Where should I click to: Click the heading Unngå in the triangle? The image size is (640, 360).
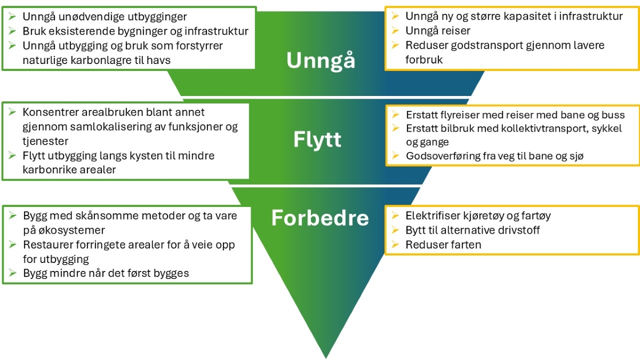pyautogui.click(x=321, y=60)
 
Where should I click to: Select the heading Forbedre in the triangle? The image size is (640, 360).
pyautogui.click(x=320, y=218)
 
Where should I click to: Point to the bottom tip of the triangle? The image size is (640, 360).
pyautogui.click(x=326, y=356)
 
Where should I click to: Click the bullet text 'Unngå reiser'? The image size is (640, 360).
pyautogui.click(x=438, y=31)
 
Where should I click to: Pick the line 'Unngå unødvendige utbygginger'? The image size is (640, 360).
pyautogui.click(x=105, y=17)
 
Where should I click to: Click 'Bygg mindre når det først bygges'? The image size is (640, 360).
pyautogui.click(x=106, y=273)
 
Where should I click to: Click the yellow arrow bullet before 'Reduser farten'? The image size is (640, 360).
pyautogui.click(x=395, y=245)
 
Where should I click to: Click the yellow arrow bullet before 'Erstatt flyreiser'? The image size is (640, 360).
pyautogui.click(x=395, y=115)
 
